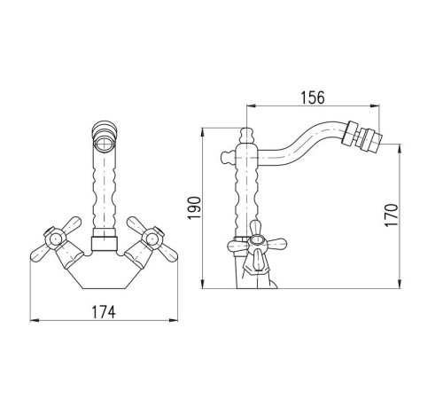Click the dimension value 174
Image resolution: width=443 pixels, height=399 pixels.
tap(104, 312)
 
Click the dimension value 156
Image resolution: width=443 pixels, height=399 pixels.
tap(313, 98)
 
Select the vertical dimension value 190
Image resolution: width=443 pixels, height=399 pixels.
tap(195, 207)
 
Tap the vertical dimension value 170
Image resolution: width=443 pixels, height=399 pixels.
tap(392, 215)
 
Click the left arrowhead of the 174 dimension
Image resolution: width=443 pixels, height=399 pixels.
tap(35, 320)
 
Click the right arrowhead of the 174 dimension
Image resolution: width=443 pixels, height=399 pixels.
tap(174, 320)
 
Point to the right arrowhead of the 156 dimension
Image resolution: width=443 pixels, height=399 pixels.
tap(375, 106)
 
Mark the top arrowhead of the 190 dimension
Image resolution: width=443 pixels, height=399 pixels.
tap(202, 132)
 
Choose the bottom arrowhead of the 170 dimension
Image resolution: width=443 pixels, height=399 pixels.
tap(400, 284)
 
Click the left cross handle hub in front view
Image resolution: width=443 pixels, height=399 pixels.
tap(55, 238)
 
